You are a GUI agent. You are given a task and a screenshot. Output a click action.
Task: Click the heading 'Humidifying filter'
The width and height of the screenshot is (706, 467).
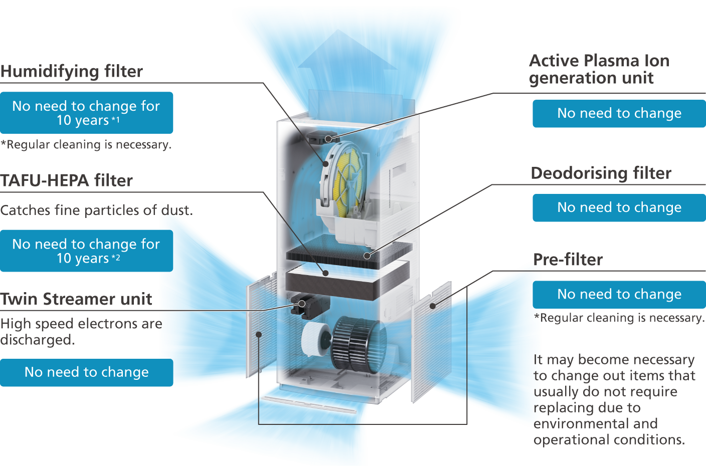coord(72,71)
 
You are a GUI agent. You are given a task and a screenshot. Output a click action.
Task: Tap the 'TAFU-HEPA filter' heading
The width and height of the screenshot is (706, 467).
coord(67,180)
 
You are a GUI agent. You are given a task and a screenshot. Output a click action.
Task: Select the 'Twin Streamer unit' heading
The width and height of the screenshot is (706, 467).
coord(76,299)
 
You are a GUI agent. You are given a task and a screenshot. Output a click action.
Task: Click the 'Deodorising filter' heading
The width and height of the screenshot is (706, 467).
coord(601,173)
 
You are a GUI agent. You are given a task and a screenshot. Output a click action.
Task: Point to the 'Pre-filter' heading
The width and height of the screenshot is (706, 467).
coord(568,260)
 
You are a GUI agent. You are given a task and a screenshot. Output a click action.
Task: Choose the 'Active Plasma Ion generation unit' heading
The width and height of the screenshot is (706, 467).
coord(599,69)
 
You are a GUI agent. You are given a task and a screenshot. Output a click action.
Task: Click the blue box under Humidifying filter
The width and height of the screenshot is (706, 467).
coord(86,113)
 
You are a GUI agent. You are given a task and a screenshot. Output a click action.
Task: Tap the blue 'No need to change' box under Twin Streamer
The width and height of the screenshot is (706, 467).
coord(86,372)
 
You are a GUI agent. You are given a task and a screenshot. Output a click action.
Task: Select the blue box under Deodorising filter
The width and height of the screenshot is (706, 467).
coord(619,207)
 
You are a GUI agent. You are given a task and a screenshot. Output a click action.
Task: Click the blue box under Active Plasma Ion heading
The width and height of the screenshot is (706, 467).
coord(619,113)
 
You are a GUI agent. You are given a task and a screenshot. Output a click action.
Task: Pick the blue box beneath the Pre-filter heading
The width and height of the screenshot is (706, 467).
coord(619,294)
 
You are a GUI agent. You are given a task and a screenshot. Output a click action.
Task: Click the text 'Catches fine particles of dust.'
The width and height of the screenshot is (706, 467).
coord(96,210)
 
